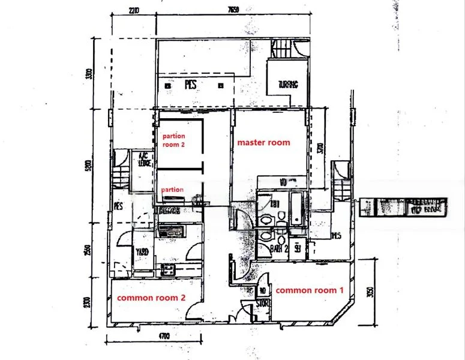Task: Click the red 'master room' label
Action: tap(263, 143)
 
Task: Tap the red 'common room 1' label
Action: tap(309, 290)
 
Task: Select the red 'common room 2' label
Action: tap(150, 298)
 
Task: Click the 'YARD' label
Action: tap(142, 252)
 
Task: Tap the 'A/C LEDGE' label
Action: tap(144, 157)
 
